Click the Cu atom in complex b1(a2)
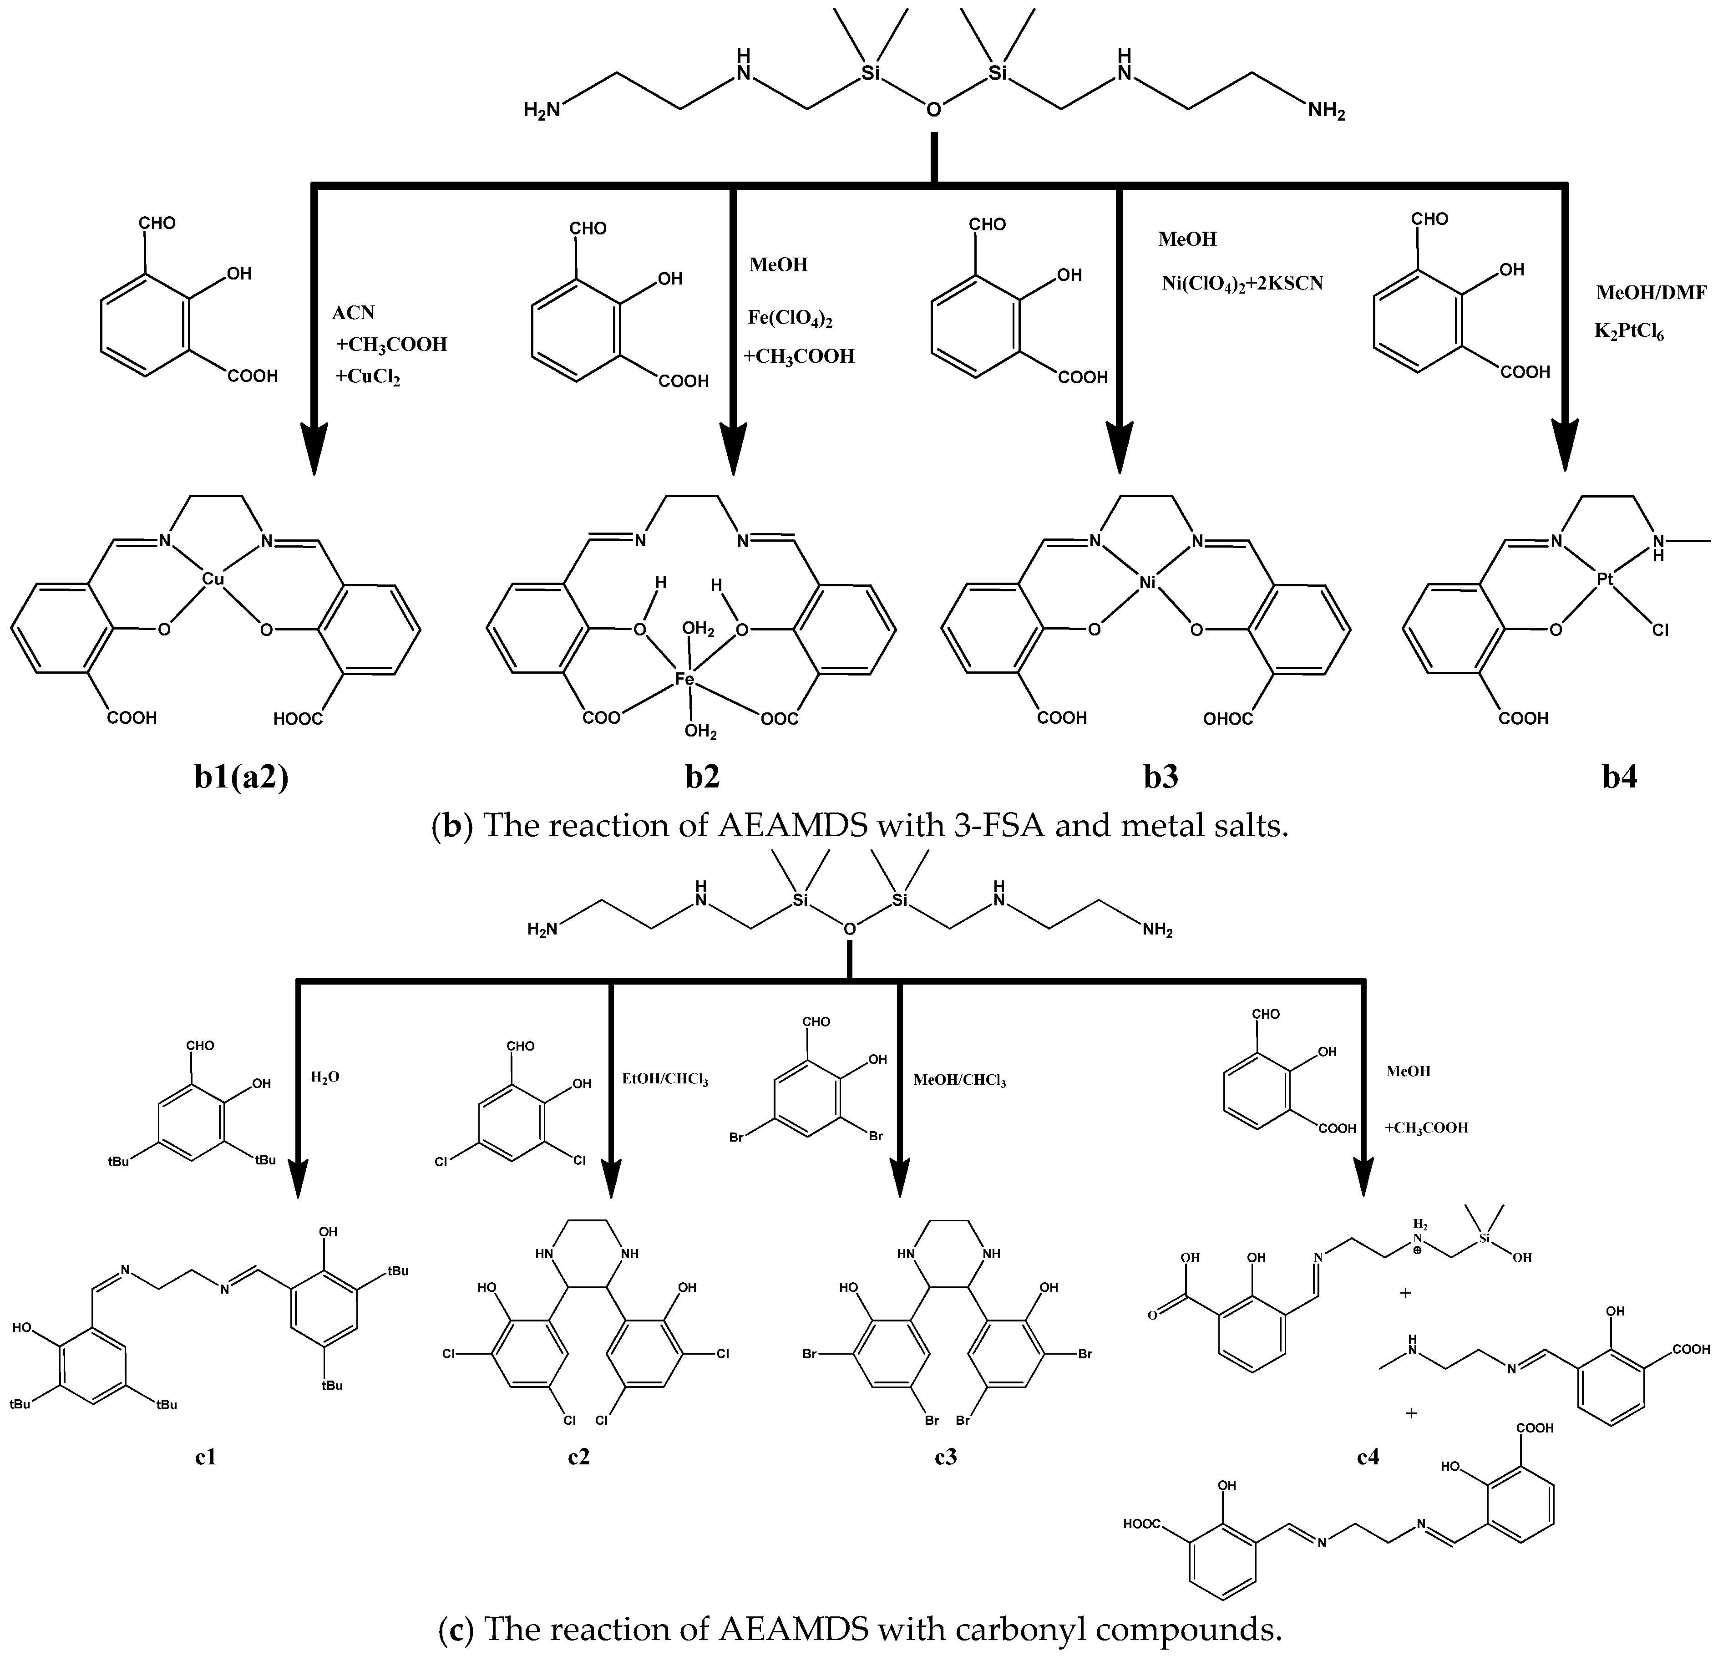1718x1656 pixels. pos(213,579)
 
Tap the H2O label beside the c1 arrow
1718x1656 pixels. pos(325,1077)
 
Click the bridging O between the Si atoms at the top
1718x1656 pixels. pos(934,110)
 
